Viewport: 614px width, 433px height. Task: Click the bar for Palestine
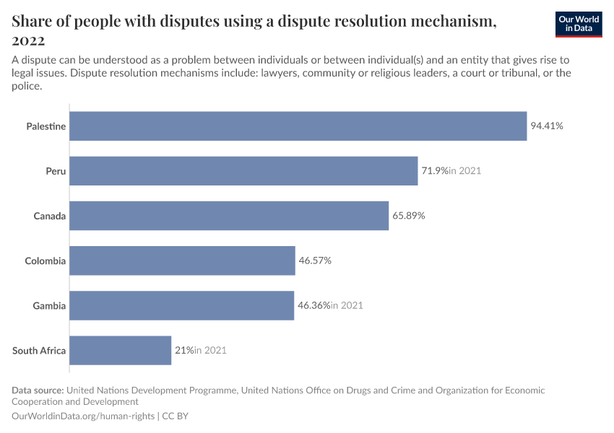pos(298,126)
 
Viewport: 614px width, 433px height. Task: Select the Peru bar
pos(243,171)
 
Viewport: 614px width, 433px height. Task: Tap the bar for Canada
pos(229,216)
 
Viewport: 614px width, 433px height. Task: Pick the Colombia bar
pos(182,261)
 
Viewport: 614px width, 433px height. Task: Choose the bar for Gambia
pos(181,305)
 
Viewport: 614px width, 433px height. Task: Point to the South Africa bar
pos(120,350)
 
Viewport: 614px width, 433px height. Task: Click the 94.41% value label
pos(547,126)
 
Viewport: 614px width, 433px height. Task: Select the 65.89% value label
pos(409,216)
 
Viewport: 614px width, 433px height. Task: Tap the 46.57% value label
pos(315,261)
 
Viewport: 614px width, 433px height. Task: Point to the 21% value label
pos(183,350)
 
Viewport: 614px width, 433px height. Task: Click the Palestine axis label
pos(46,126)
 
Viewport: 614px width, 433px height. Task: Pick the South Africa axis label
pos(39,351)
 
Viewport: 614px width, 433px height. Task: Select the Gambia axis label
pos(49,306)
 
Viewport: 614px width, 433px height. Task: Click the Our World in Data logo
pos(579,24)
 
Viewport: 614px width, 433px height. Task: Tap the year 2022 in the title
pos(29,40)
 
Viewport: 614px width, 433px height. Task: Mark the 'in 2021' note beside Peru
pos(464,171)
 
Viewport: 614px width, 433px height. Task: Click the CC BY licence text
pos(176,416)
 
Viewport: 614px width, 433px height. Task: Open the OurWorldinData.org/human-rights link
pos(83,416)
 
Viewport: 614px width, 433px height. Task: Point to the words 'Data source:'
pos(39,390)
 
